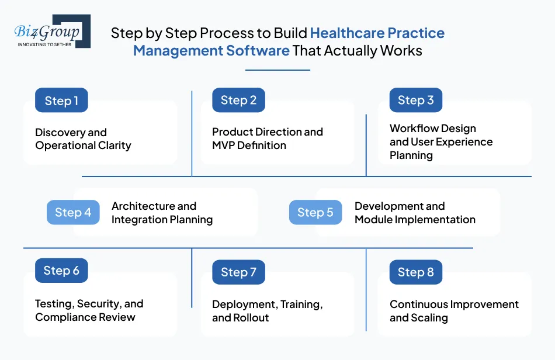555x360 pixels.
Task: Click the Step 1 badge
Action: coord(61,101)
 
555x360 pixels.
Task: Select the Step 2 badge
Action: coord(238,100)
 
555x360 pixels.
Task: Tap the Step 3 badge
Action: coord(415,100)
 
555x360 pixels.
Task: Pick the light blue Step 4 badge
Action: coord(73,213)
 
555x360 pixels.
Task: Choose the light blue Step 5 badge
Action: coord(315,213)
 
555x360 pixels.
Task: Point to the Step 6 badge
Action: coord(61,271)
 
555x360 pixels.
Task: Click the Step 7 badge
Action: coord(238,272)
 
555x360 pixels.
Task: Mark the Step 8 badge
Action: coord(415,272)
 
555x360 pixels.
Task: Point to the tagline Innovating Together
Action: coord(45,44)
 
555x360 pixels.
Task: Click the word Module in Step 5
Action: coord(374,220)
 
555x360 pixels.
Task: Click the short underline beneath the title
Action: coord(277,70)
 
